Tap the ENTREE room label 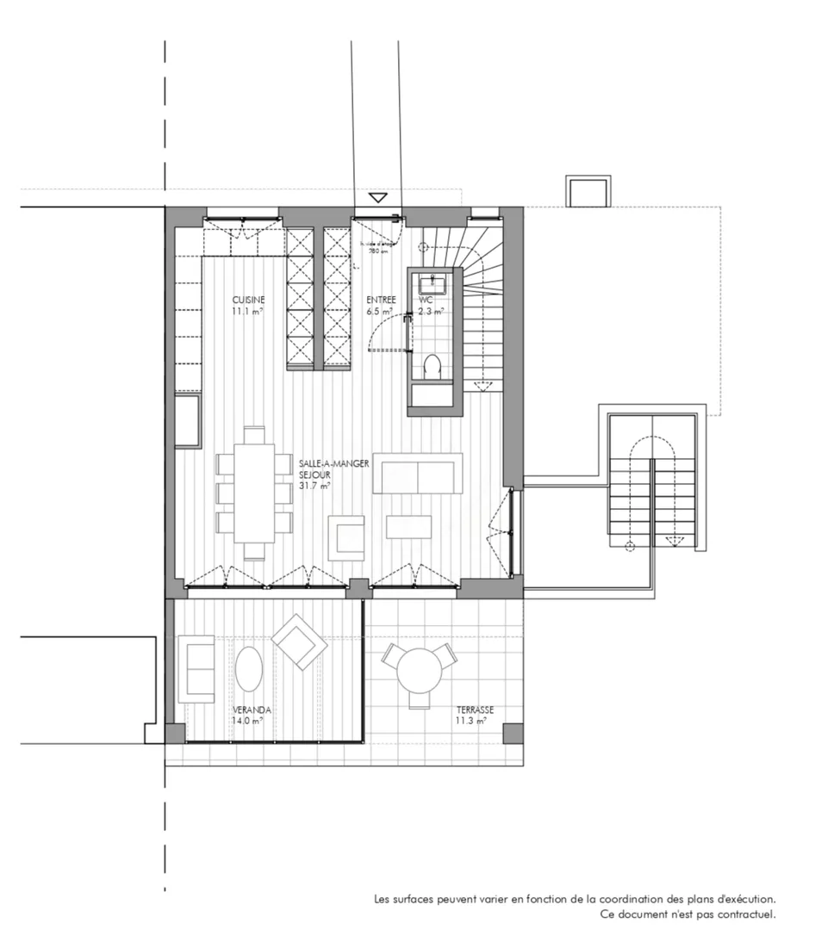[381, 300]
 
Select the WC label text [426, 300]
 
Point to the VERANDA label [252, 710]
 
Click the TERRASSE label [476, 710]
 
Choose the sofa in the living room [418, 474]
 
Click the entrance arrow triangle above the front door [377, 197]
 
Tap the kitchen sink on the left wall [189, 421]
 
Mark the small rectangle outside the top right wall [588, 191]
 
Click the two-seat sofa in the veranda [196, 669]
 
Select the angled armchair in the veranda [299, 642]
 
